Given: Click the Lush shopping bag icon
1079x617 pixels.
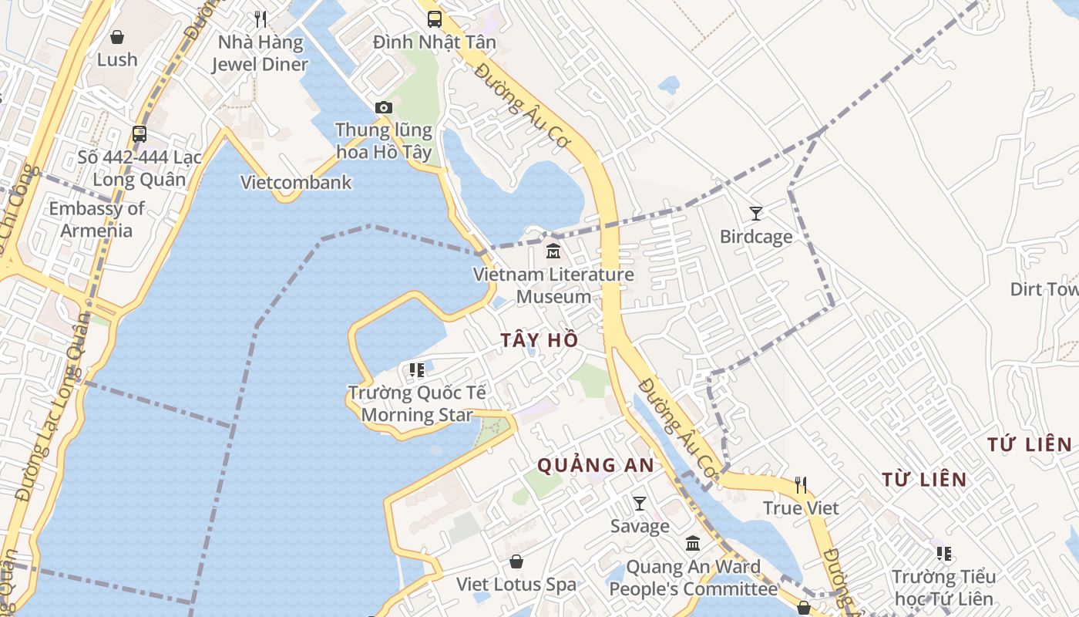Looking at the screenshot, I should tap(117, 37).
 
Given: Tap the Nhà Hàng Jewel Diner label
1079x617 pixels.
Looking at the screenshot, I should tap(261, 53).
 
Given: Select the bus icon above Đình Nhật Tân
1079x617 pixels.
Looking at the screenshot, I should tap(435, 19).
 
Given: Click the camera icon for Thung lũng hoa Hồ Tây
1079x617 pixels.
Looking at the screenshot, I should tap(383, 107).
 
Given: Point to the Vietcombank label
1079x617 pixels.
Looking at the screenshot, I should tap(296, 183).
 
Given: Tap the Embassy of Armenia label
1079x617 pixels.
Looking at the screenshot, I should tap(96, 219).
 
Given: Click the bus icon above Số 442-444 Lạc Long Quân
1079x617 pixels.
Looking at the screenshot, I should tap(139, 134).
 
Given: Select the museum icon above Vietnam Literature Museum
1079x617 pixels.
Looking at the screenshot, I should tap(553, 251).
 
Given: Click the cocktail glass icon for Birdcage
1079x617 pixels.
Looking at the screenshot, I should tap(756, 214).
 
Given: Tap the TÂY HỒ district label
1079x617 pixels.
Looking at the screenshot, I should tap(539, 340).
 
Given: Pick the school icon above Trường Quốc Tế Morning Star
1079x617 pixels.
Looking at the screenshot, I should tap(417, 370).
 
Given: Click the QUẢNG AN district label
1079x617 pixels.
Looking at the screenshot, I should tap(595, 465).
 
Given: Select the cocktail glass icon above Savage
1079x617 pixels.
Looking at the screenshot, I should tap(640, 504).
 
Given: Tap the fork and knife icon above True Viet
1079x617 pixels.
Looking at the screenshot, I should tap(801, 485).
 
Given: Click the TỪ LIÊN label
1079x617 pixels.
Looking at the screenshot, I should tap(924, 479).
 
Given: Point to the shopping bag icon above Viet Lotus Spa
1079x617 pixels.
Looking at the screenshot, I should tap(516, 561).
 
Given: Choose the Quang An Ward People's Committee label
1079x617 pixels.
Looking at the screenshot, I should tap(693, 578).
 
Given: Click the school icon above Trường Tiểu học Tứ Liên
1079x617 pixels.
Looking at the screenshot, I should tap(944, 553).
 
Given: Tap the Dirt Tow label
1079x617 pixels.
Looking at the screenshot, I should tap(1044, 289).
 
